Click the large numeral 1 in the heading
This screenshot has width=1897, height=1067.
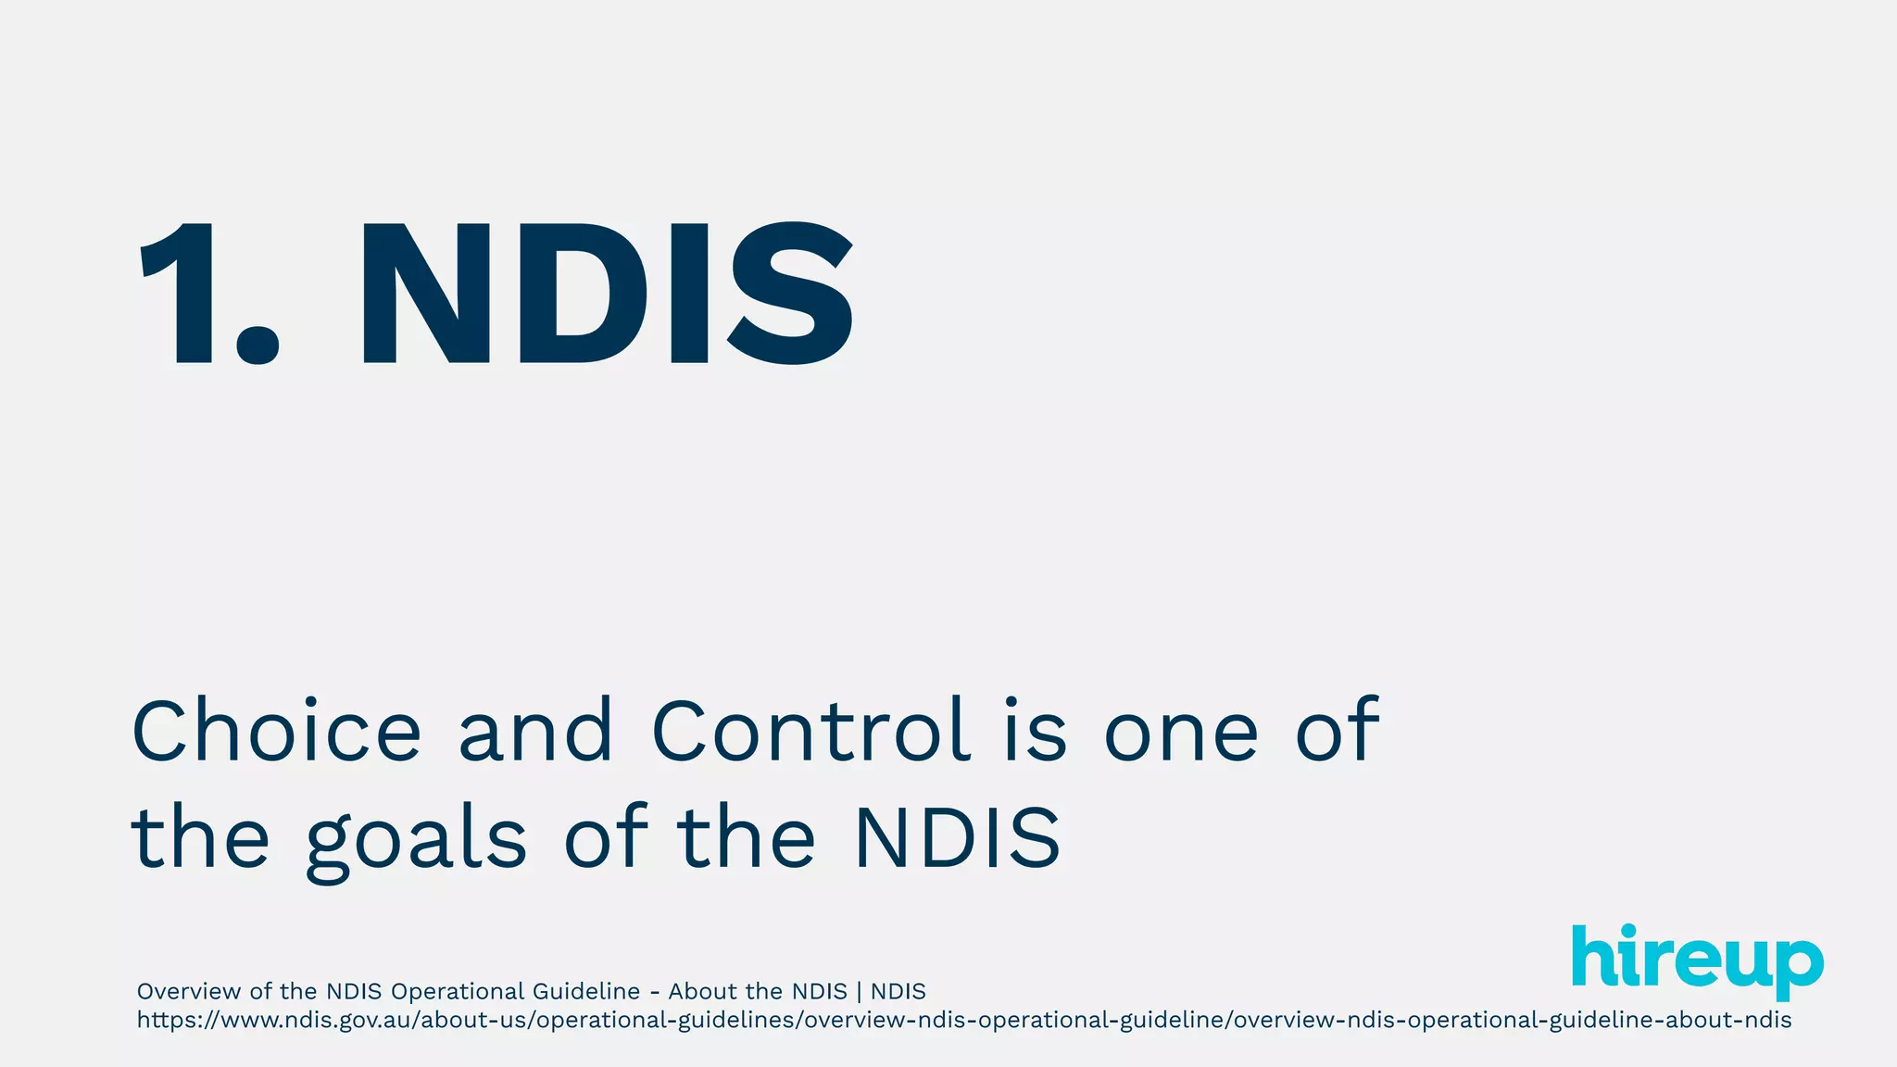[x=181, y=294]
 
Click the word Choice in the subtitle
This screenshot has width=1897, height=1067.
[x=277, y=732]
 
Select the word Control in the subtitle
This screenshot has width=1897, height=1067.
[x=811, y=732]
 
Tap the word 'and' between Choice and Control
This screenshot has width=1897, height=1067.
[x=535, y=732]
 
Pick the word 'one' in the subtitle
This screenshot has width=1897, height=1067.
[x=1181, y=732]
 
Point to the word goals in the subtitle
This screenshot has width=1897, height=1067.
[x=416, y=839]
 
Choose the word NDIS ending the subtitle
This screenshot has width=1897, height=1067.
[x=956, y=839]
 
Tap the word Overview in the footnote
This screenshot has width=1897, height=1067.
[x=189, y=992]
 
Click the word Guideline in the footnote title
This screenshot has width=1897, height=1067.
[x=586, y=992]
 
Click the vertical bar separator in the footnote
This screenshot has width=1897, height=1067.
[x=859, y=992]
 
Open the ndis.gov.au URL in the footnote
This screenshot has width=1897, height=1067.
[x=963, y=1021]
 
